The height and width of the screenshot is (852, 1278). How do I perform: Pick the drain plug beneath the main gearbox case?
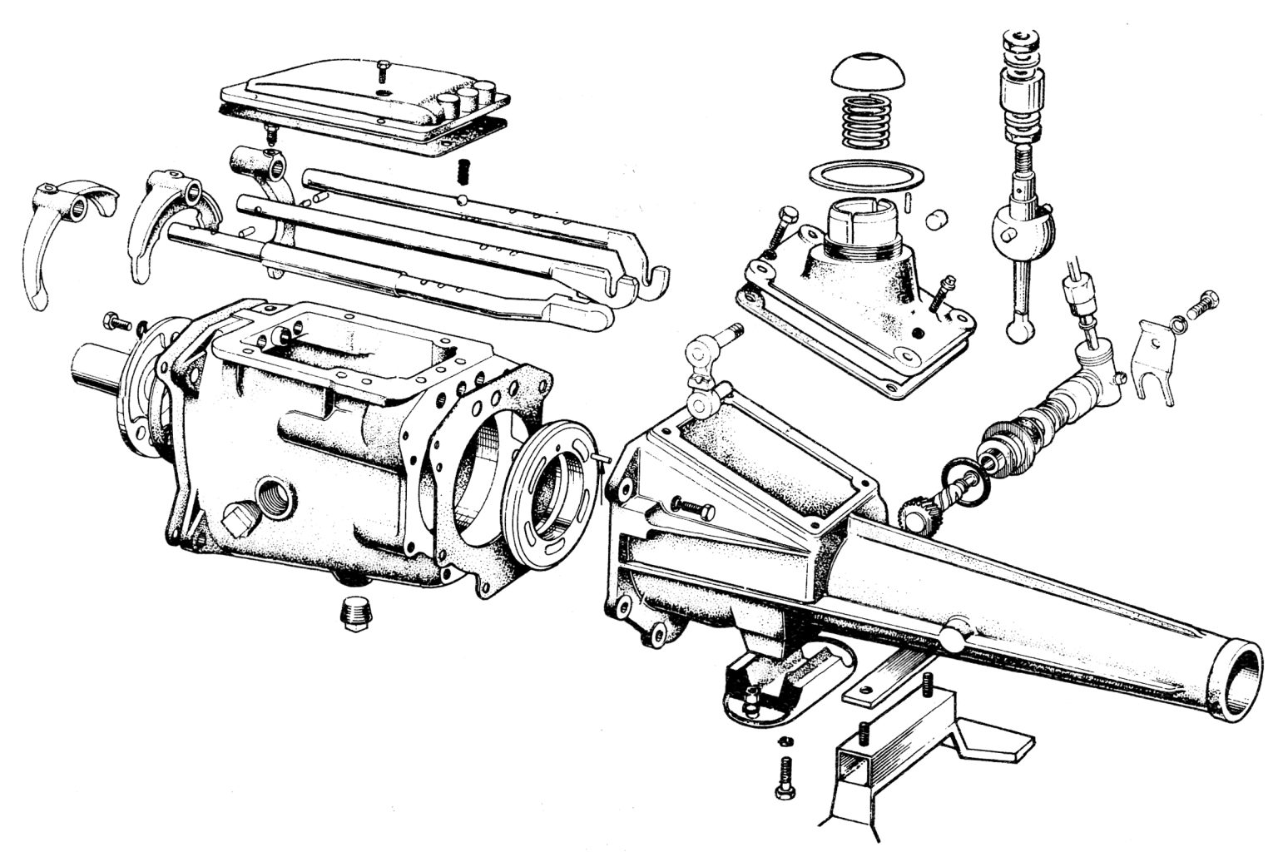tap(355, 614)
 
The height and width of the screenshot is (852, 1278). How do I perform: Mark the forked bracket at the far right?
tap(1158, 364)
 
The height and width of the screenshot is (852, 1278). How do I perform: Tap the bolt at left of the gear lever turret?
tap(780, 228)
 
